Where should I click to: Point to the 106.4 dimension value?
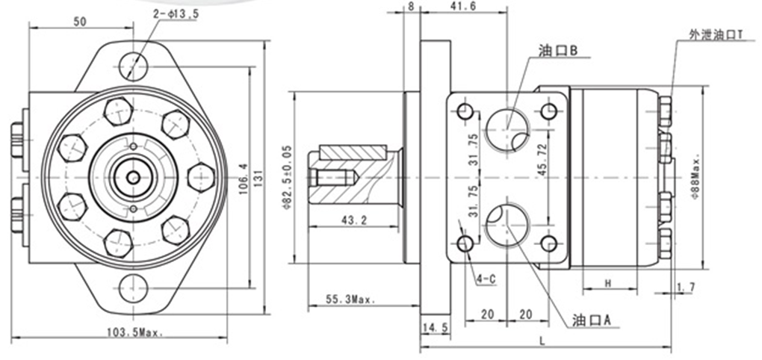click(241, 177)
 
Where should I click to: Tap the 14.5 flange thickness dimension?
click(434, 327)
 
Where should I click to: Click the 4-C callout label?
click(486, 279)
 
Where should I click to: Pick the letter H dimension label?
click(608, 283)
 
